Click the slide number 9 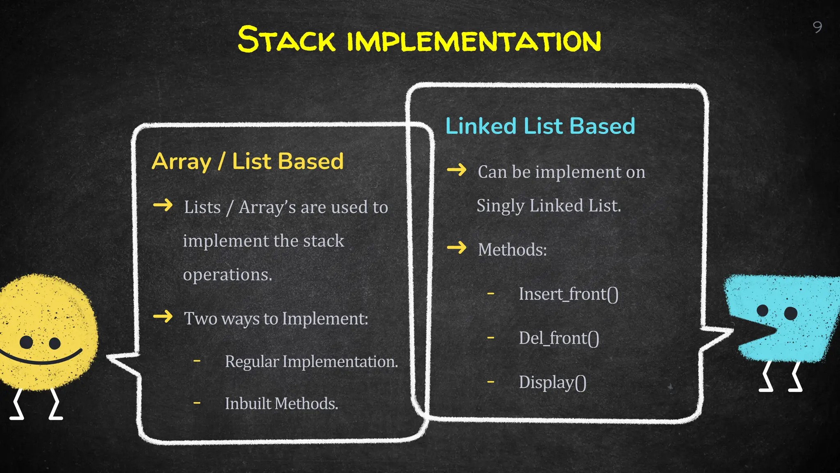point(817,27)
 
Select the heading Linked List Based point(540,126)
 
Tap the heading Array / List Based point(247,161)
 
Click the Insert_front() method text point(568,294)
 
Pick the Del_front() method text point(559,338)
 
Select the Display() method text point(552,382)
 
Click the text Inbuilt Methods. point(281,404)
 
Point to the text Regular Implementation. point(311,362)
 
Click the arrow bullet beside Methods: point(457,248)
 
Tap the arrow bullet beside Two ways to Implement point(163,316)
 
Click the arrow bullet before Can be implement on point(457,170)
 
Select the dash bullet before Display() point(491,382)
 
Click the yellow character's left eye point(26,342)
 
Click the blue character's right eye point(790,313)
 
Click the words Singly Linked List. point(548,205)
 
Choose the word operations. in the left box point(227,274)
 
